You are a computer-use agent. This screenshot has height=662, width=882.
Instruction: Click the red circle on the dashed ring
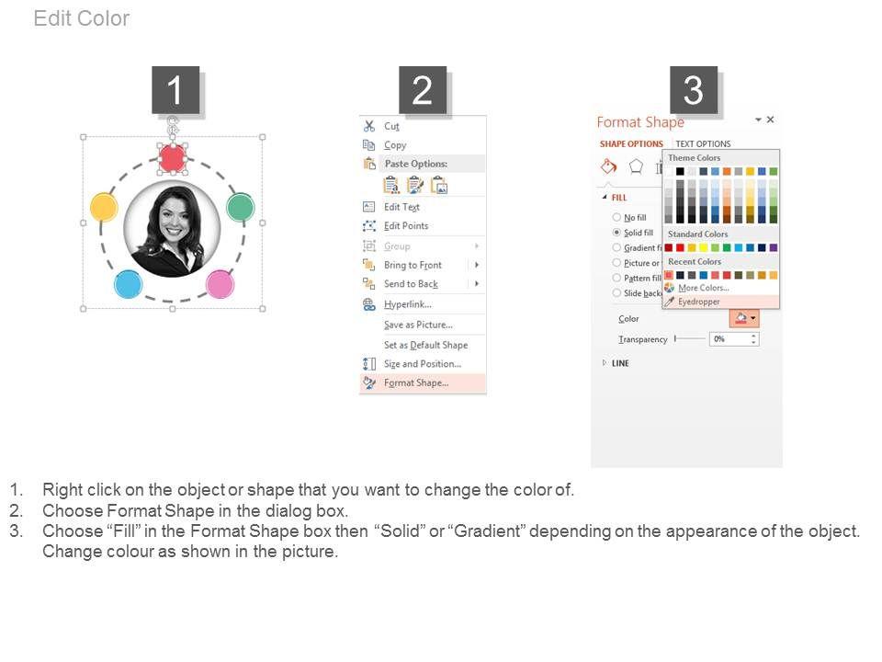pyautogui.click(x=172, y=157)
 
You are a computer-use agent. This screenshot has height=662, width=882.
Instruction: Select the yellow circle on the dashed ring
pyautogui.click(x=104, y=207)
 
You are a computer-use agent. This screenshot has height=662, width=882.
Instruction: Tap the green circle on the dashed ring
pyautogui.click(x=240, y=207)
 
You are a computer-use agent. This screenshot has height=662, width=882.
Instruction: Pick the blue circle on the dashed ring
pyautogui.click(x=129, y=284)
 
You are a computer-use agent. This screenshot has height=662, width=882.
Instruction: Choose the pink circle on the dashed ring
pyautogui.click(x=220, y=284)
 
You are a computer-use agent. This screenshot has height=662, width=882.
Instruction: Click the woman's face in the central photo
pyautogui.click(x=173, y=219)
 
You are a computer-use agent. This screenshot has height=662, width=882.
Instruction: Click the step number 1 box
pyautogui.click(x=175, y=89)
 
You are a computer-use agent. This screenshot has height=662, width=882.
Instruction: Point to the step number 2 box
pyautogui.click(x=423, y=89)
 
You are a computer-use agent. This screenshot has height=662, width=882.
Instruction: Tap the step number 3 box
pyautogui.click(x=694, y=89)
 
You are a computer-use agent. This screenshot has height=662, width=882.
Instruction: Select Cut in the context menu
pyautogui.click(x=391, y=126)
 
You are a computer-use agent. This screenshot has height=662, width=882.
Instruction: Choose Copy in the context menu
pyautogui.click(x=395, y=145)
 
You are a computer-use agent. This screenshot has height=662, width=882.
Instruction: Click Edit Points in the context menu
pyautogui.click(x=406, y=226)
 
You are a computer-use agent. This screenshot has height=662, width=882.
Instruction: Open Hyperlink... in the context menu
pyautogui.click(x=408, y=304)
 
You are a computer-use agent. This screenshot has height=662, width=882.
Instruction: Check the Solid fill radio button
pyautogui.click(x=616, y=233)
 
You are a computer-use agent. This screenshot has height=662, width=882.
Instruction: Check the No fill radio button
pyautogui.click(x=616, y=217)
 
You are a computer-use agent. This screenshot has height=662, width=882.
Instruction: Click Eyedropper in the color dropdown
pyautogui.click(x=698, y=302)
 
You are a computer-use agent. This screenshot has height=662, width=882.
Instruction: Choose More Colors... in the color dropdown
pyautogui.click(x=704, y=288)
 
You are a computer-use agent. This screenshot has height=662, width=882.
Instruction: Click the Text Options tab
pyautogui.click(x=703, y=143)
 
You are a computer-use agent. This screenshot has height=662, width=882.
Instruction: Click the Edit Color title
pyautogui.click(x=82, y=18)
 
